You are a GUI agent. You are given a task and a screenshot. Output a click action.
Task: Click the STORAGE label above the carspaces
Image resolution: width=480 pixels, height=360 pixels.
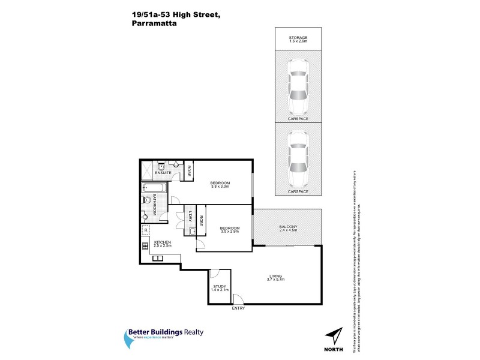click(298, 38)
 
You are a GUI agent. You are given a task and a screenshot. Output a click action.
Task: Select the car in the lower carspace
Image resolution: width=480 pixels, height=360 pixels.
click(298, 158)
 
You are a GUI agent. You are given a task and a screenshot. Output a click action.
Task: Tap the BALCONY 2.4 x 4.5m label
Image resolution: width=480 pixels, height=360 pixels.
click(288, 228)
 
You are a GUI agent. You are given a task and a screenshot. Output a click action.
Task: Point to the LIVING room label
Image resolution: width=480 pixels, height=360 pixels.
click(275, 278)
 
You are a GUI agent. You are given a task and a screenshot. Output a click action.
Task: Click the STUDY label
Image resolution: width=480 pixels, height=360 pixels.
click(220, 288)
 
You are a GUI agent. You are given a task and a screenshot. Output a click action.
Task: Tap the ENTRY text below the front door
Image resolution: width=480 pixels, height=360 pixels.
click(239, 308)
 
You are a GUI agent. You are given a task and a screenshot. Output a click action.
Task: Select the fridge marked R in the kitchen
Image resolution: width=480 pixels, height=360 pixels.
click(146, 230)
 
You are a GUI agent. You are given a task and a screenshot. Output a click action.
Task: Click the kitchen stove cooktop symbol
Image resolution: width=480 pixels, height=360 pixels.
click(145, 245)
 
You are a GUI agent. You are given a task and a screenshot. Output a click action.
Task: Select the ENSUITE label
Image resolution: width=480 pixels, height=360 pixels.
click(163, 173)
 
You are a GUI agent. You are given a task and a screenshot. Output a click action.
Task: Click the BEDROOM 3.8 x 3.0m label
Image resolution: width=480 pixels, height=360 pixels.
click(220, 184)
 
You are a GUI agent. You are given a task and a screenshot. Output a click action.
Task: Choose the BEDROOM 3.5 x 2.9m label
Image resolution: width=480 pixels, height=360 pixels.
click(229, 229)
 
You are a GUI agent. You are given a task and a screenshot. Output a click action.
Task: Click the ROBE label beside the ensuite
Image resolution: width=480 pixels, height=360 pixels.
click(188, 170)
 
